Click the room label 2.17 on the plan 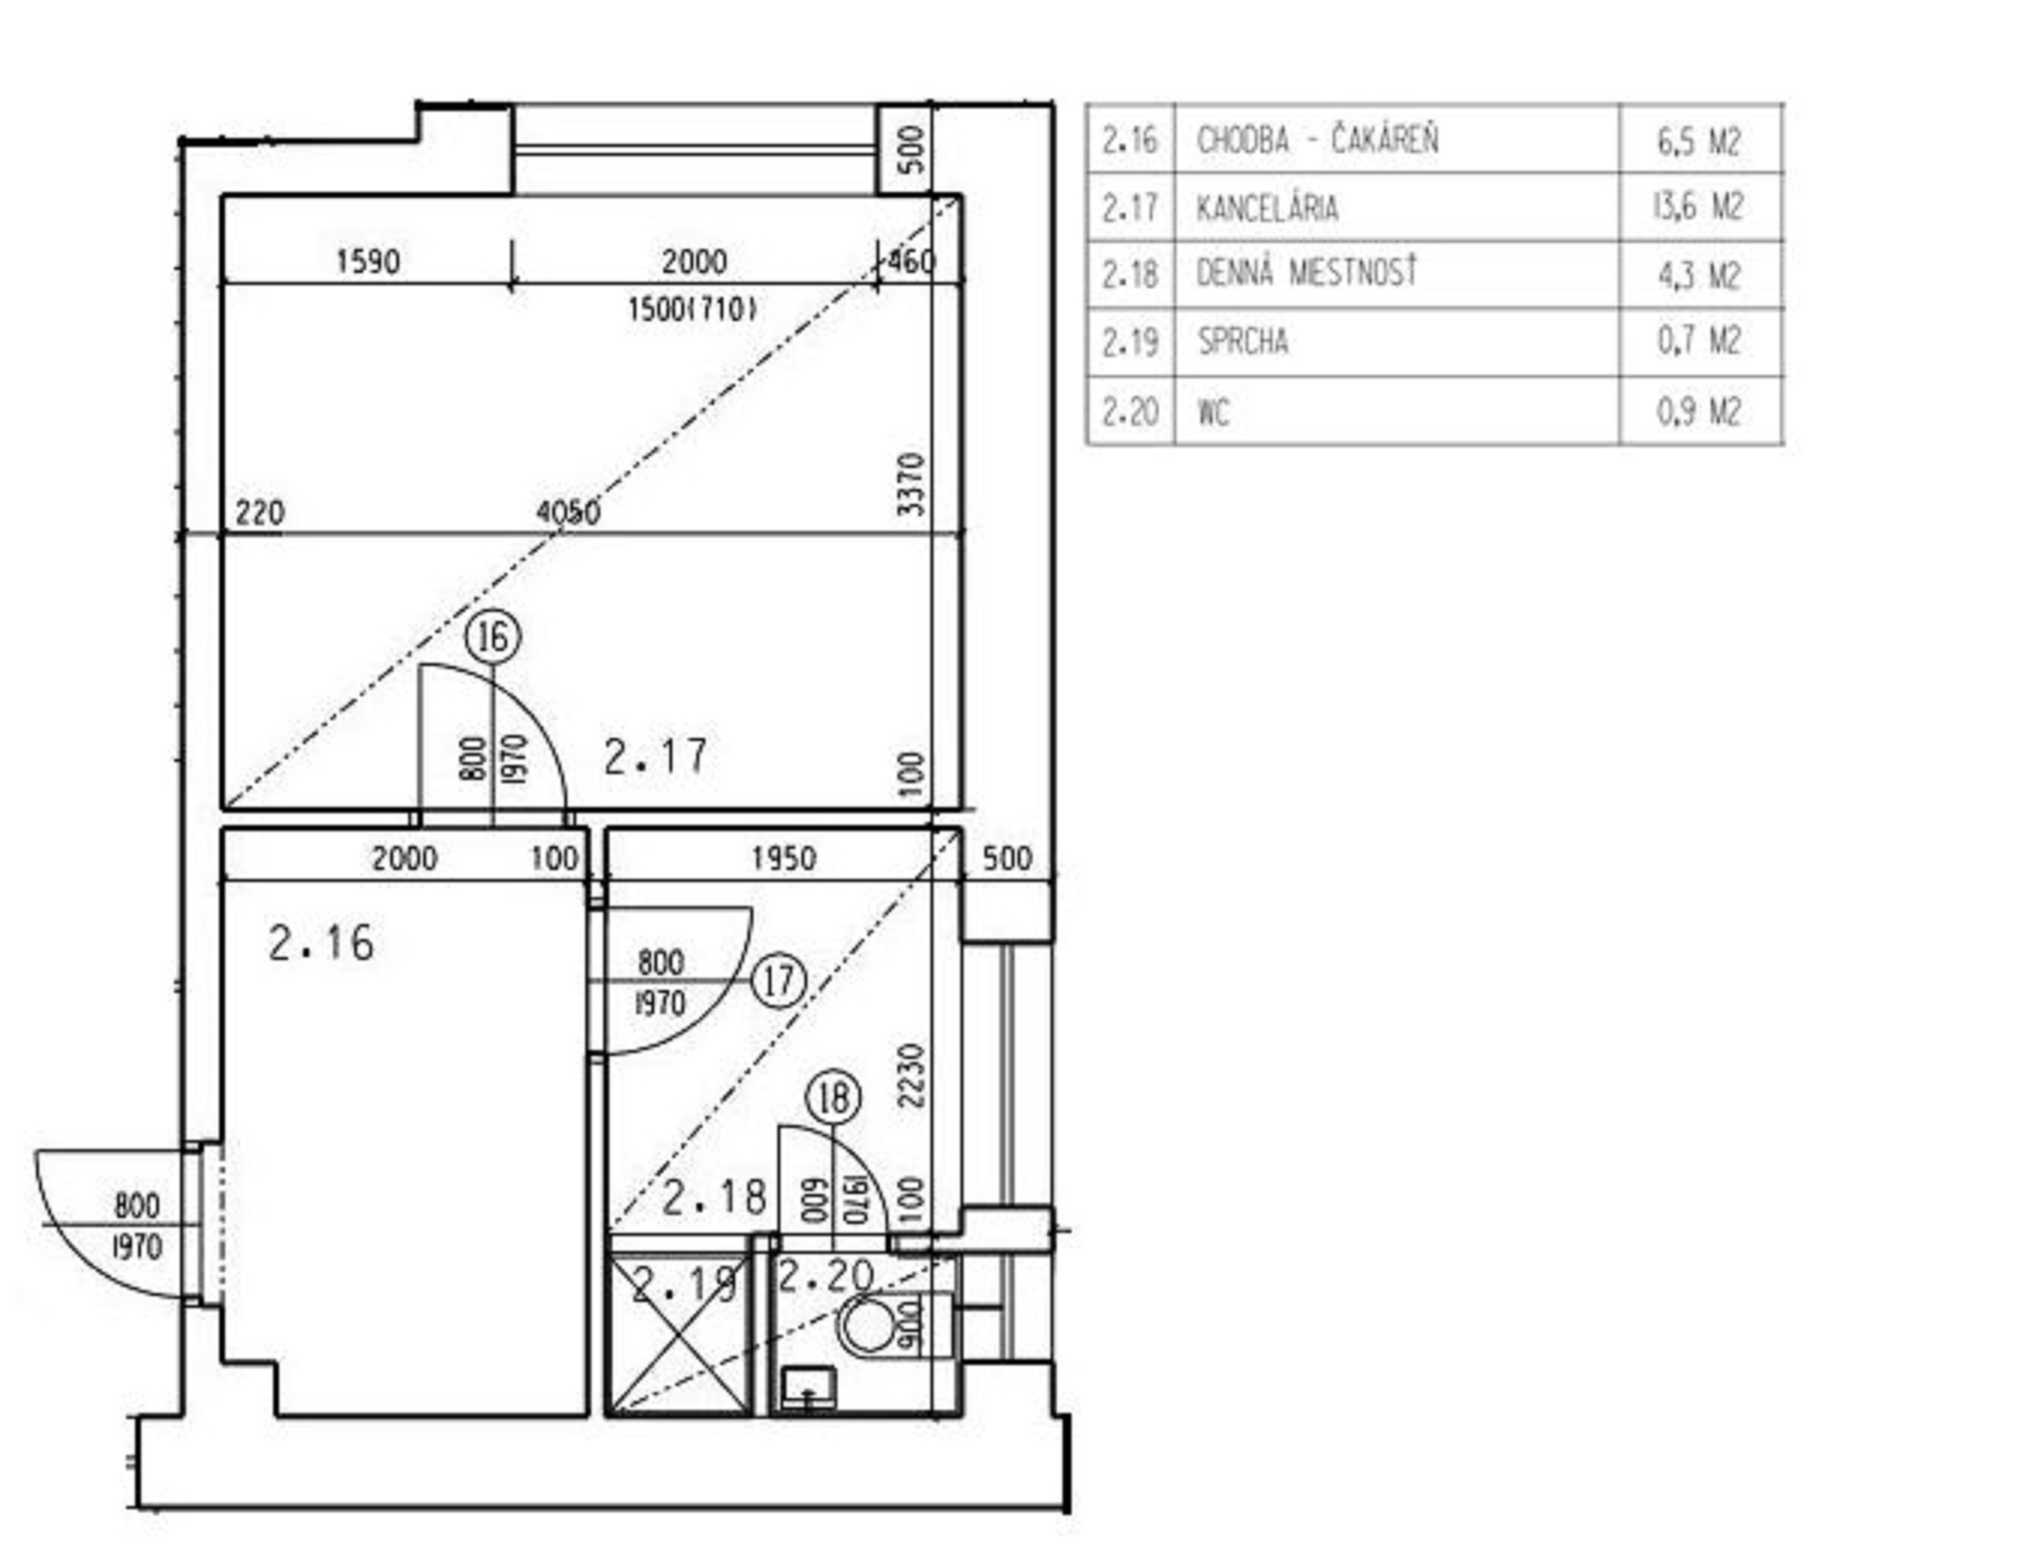(x=656, y=756)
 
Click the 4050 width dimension (x=568, y=512)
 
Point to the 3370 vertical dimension (x=911, y=484)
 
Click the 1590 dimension (x=367, y=261)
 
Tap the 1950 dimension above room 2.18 (x=783, y=858)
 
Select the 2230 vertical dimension (x=911, y=1076)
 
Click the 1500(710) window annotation (x=692, y=309)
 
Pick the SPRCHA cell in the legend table (x=1242, y=342)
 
